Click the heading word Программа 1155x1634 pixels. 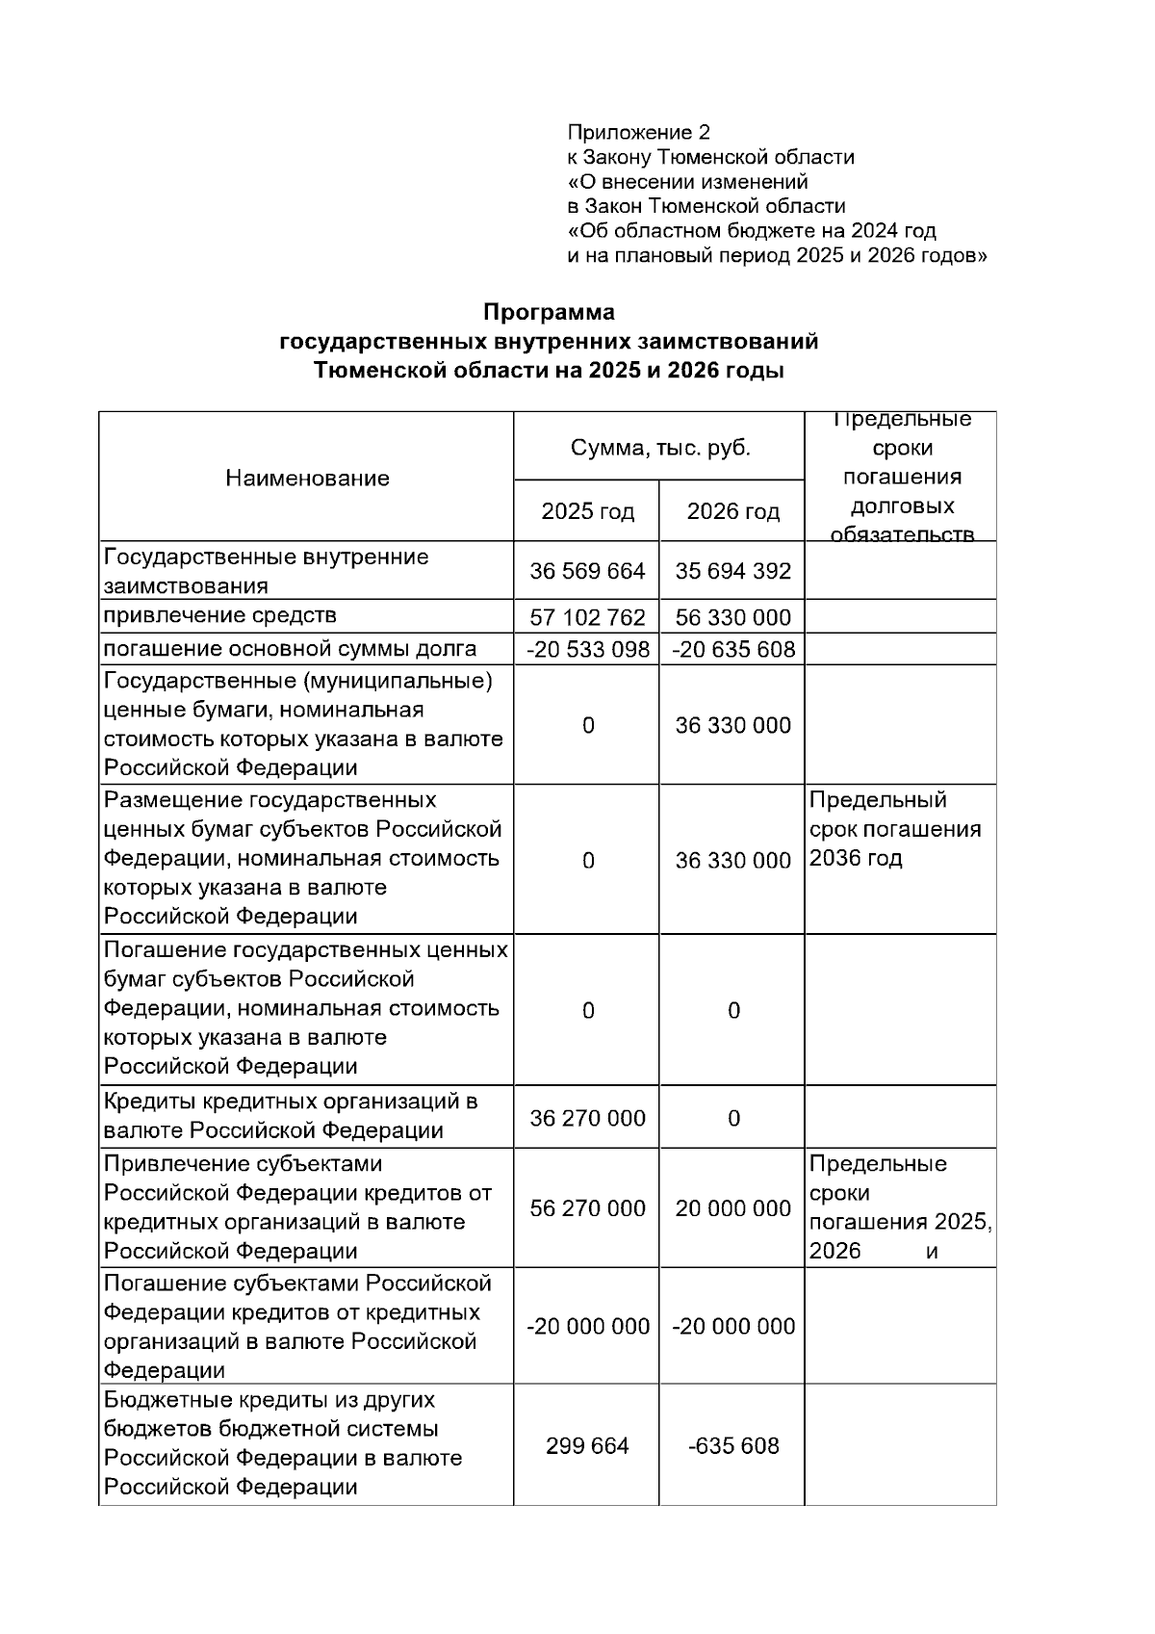point(549,312)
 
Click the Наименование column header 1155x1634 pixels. point(307,479)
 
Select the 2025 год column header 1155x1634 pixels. point(587,511)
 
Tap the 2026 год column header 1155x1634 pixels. point(732,511)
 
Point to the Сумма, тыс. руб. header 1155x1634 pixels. point(660,448)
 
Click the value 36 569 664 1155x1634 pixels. point(587,571)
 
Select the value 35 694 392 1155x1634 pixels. point(732,571)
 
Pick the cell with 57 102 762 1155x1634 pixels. point(587,617)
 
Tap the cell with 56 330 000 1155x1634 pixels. point(732,617)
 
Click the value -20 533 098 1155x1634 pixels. point(587,649)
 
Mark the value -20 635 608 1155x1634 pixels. point(732,649)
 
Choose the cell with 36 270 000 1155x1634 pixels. point(587,1118)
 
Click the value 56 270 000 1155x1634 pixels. point(587,1207)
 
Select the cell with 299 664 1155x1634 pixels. point(587,1445)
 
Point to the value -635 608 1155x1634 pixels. point(732,1445)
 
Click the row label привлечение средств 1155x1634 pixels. point(220,615)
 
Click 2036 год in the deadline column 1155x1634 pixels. point(856,858)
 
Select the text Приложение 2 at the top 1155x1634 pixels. point(638,132)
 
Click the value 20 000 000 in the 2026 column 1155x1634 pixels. point(732,1207)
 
